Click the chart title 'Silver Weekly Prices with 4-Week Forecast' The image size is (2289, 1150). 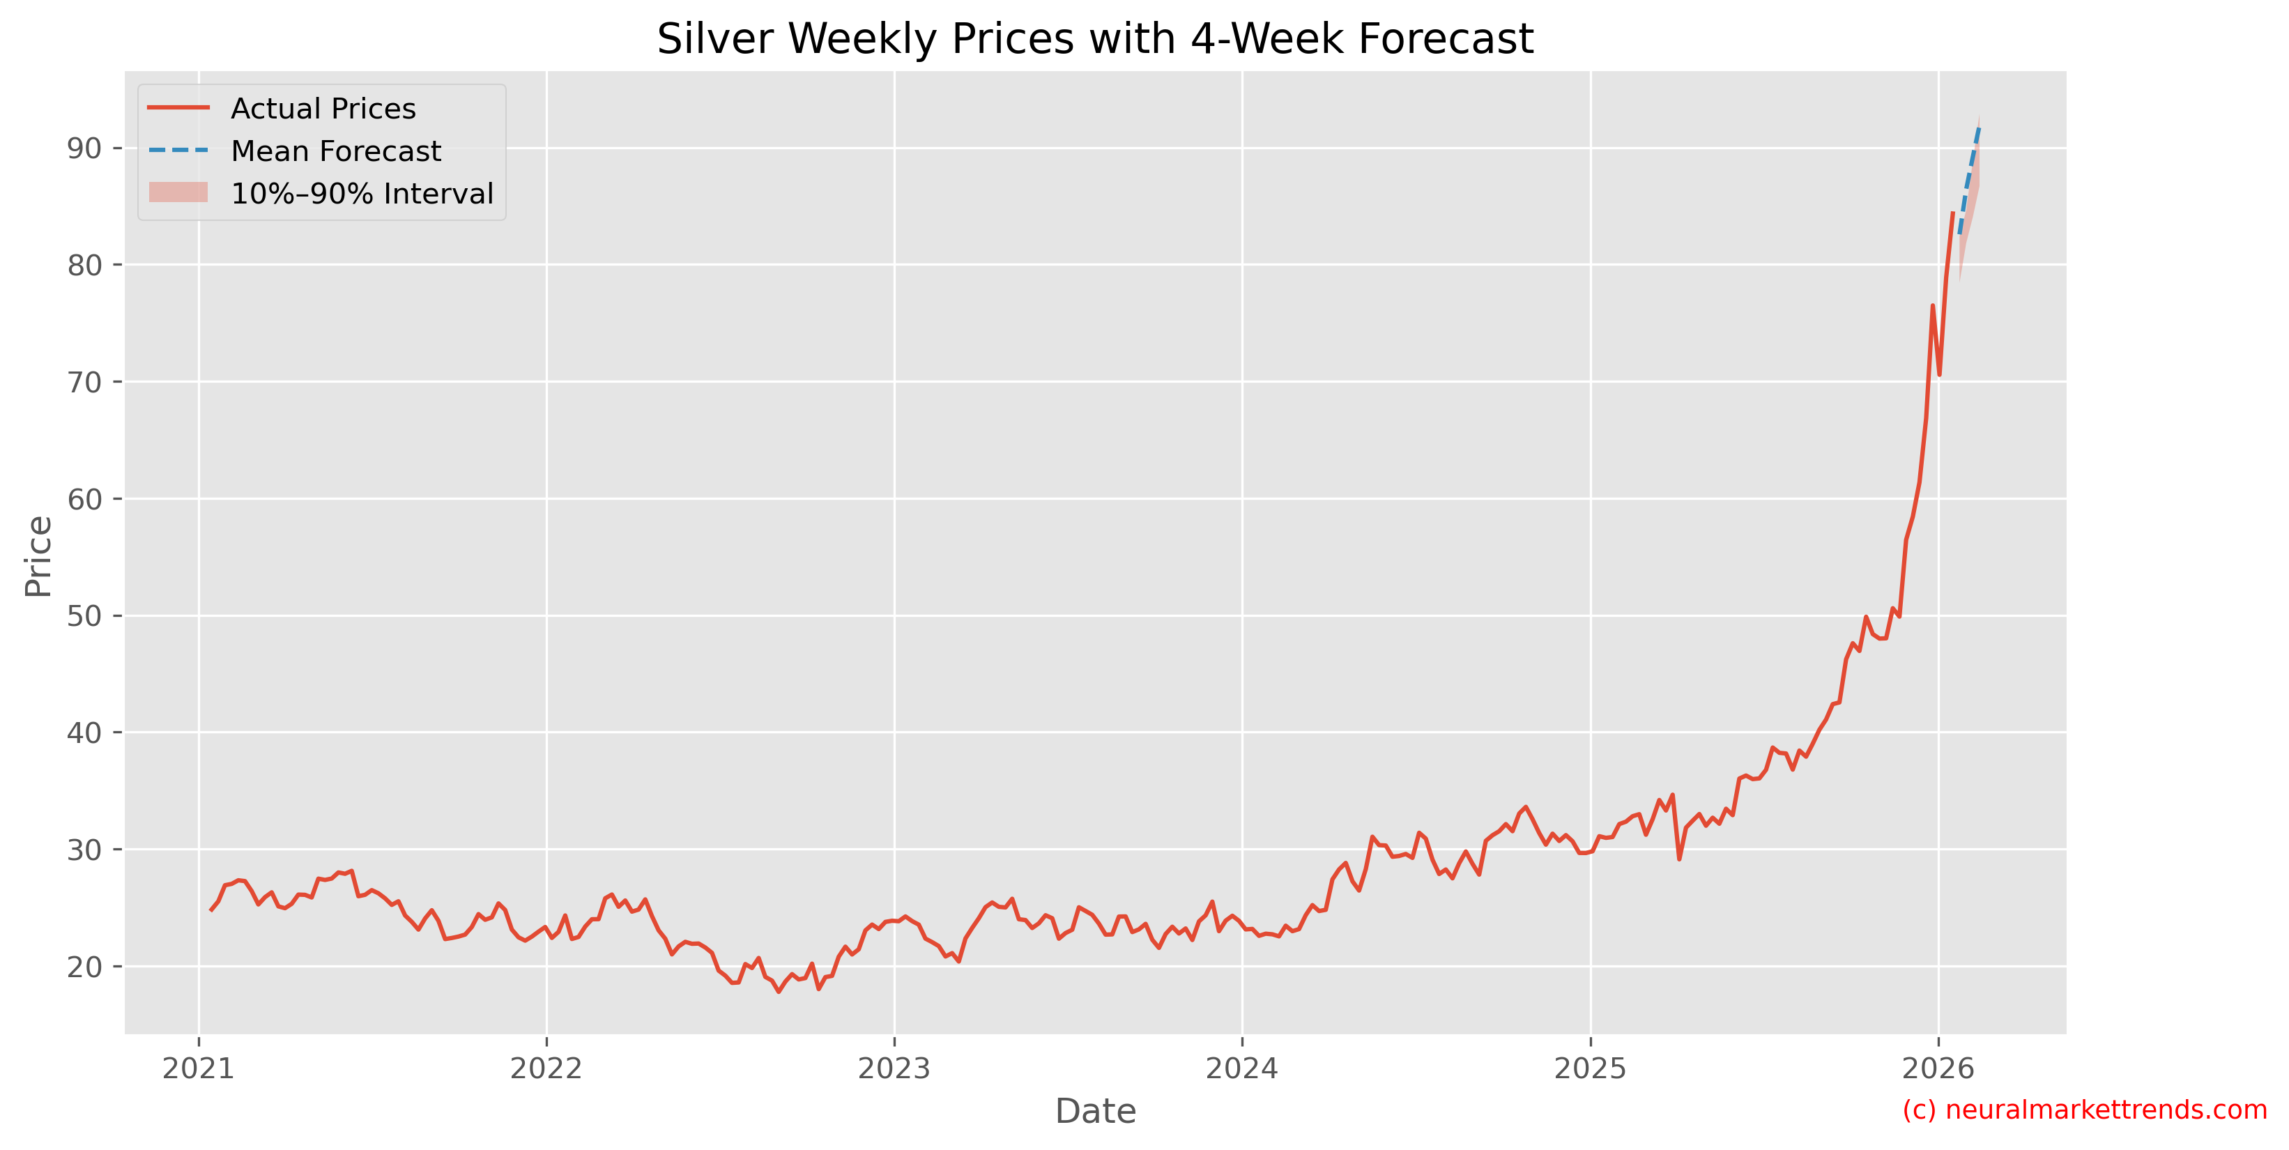[1095, 39]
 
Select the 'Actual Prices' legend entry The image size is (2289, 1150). [323, 109]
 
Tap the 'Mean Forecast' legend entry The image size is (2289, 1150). [335, 151]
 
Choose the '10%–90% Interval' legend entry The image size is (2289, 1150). [361, 194]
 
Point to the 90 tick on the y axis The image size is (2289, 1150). [84, 148]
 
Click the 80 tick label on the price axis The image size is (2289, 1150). [84, 265]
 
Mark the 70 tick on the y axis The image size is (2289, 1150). [84, 382]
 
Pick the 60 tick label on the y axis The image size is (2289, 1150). [84, 500]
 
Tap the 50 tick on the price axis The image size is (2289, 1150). [84, 616]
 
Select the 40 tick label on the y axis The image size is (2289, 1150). [84, 733]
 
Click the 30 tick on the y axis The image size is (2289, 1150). [84, 850]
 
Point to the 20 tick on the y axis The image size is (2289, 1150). [84, 967]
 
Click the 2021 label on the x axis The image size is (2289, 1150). [198, 1068]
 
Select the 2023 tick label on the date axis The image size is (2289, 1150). [894, 1068]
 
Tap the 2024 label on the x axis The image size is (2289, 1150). [1241, 1068]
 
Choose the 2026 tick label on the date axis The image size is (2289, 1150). [1938, 1068]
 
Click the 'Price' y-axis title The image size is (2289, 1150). [38, 556]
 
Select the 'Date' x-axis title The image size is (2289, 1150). [1095, 1112]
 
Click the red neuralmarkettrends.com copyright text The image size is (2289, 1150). [2085, 1110]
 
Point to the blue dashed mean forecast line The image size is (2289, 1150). [1969, 178]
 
